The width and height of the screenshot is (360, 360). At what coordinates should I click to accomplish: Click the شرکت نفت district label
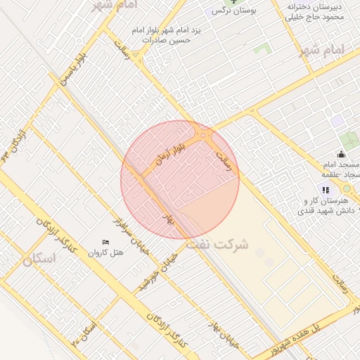[x=217, y=245]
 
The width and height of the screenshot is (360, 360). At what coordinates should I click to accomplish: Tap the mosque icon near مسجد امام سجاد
[x=342, y=155]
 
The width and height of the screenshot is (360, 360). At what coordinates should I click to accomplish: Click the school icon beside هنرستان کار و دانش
[x=324, y=190]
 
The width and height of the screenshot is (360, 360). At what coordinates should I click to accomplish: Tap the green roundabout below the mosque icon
[x=346, y=189]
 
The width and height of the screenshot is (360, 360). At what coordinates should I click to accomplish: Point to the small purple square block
[x=338, y=122]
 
